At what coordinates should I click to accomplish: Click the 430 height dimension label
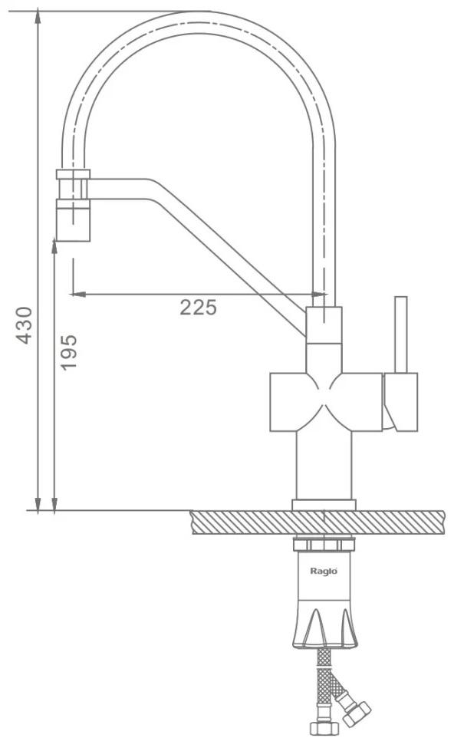point(25,325)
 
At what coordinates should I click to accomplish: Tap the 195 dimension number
point(69,352)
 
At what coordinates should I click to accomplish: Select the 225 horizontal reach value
point(198,308)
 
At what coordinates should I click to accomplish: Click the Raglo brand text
point(323,571)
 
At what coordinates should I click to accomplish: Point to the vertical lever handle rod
point(401,334)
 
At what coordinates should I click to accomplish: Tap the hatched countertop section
point(318,522)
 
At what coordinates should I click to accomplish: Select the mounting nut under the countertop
point(324,545)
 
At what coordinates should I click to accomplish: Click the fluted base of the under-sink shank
point(324,626)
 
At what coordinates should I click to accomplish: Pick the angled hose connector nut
point(357,713)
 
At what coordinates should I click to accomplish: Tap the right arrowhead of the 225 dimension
point(319,294)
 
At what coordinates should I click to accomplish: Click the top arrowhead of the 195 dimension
point(54,246)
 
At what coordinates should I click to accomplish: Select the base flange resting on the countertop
point(324,505)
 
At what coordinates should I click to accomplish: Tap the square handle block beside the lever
point(400,402)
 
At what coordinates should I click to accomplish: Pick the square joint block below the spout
point(324,325)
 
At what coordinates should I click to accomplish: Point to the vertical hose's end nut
point(324,728)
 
